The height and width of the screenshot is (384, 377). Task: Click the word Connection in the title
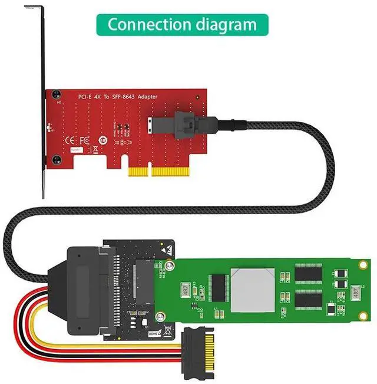pyautogui.click(x=147, y=25)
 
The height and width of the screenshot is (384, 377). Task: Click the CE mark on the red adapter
pyautogui.click(x=68, y=141)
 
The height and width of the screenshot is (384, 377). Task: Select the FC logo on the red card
pyautogui.click(x=84, y=141)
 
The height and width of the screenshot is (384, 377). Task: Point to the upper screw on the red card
pyautogui.click(x=56, y=94)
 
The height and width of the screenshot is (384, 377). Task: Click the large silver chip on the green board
pyautogui.click(x=252, y=290)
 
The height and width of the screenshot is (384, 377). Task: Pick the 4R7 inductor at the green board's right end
pyautogui.click(x=356, y=292)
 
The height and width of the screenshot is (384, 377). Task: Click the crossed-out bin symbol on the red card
pyautogui.click(x=101, y=140)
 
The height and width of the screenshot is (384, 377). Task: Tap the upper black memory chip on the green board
pyautogui.click(x=308, y=274)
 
